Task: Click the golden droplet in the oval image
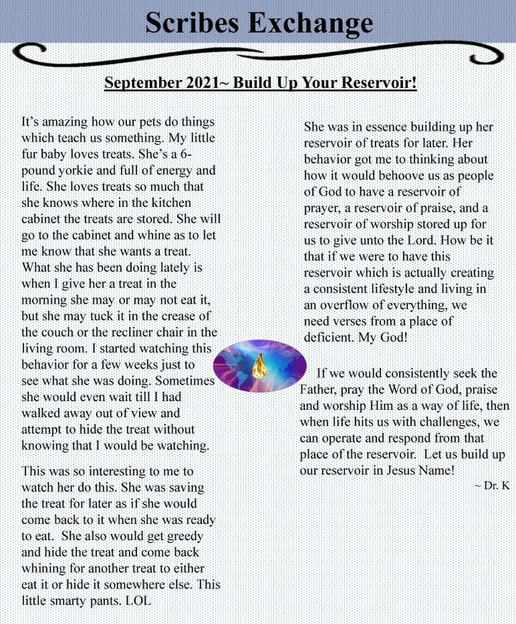pos(259,367)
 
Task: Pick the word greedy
pos(177,536)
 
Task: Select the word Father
pos(320,390)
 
